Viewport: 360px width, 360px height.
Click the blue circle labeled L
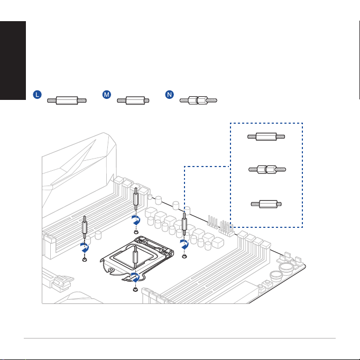37,95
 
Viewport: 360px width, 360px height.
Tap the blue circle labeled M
107,95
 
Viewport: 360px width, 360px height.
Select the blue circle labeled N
170,95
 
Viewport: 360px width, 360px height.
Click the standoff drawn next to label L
67,100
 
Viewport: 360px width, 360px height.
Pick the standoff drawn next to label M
133,100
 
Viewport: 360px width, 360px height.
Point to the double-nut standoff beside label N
198,100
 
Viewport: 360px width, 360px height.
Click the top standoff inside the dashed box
266,136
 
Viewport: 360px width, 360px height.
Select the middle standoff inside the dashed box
267,170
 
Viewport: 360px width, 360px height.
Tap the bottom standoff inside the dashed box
266,204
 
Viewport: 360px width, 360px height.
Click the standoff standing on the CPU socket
135,256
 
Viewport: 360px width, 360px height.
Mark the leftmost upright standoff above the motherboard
85,227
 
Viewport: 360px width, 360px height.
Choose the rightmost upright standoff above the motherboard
184,224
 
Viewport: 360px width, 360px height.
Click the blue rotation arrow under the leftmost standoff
85,248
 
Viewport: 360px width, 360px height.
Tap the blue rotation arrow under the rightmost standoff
184,244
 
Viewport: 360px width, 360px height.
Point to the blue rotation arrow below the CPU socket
135,278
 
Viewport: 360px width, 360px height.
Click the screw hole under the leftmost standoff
85,260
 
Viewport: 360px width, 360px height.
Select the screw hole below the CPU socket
135,290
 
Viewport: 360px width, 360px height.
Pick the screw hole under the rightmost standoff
184,256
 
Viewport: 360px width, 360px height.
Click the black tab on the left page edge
13,61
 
